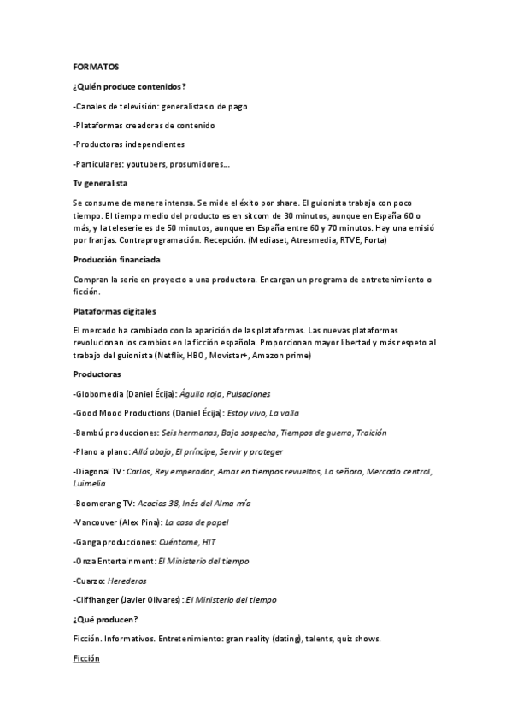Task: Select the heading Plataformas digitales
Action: (114, 310)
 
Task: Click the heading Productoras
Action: (97, 374)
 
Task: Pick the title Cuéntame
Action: (178, 541)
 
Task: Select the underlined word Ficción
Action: (86, 659)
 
